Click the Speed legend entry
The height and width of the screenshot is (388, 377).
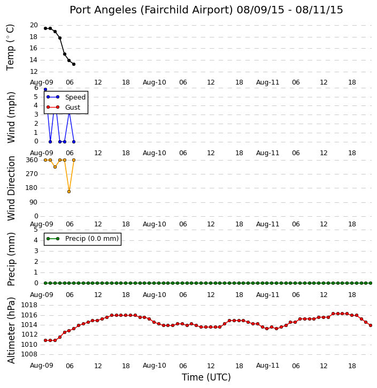click(x=66, y=97)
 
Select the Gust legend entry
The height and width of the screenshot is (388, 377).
click(x=64, y=107)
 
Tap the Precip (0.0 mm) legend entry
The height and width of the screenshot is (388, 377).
click(x=82, y=239)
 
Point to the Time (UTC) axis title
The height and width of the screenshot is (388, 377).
click(x=206, y=377)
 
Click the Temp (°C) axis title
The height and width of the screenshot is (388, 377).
click(x=10, y=48)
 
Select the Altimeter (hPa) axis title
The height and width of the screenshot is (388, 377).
click(x=11, y=330)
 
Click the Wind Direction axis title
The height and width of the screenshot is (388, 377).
click(x=11, y=188)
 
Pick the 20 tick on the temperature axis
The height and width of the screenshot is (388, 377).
click(x=34, y=25)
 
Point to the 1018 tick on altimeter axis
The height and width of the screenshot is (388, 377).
click(x=29, y=305)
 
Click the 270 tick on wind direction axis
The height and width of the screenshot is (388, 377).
click(x=32, y=174)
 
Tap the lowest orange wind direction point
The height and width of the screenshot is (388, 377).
click(x=69, y=192)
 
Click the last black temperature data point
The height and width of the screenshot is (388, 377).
click(x=74, y=64)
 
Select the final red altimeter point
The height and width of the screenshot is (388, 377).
click(x=371, y=325)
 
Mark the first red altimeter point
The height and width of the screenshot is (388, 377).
click(x=45, y=340)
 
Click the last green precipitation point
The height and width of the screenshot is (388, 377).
click(x=371, y=283)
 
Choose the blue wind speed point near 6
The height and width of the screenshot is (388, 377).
click(x=45, y=89)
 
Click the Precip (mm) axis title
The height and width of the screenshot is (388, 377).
click(x=11, y=260)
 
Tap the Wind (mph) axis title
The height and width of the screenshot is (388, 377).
click(x=11, y=118)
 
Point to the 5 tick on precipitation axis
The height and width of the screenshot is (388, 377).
click(x=36, y=230)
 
